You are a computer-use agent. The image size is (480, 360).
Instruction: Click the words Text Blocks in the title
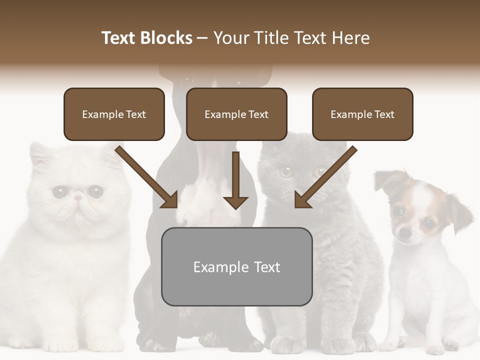pyautogui.click(x=146, y=38)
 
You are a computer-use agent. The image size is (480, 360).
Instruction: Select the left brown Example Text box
pyautogui.click(x=114, y=114)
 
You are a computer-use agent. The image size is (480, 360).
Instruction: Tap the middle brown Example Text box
pyautogui.click(x=236, y=114)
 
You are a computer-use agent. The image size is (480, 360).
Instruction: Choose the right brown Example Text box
pyautogui.click(x=362, y=114)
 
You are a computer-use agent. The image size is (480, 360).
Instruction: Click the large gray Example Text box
pyautogui.click(x=236, y=266)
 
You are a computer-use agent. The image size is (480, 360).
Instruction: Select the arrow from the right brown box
pyautogui.click(x=326, y=177)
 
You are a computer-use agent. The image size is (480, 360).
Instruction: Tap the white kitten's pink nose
pyautogui.click(x=77, y=198)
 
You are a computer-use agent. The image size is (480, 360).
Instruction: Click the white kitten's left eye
pyautogui.click(x=60, y=191)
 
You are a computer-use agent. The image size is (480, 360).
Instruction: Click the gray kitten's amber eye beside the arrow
pyautogui.click(x=286, y=172)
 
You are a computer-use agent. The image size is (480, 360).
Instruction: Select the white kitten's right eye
pyautogui.click(x=95, y=190)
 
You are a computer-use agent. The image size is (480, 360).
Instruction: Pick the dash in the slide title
pyautogui.click(x=202, y=38)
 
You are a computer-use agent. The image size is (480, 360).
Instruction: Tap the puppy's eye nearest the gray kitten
pyautogui.click(x=398, y=211)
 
